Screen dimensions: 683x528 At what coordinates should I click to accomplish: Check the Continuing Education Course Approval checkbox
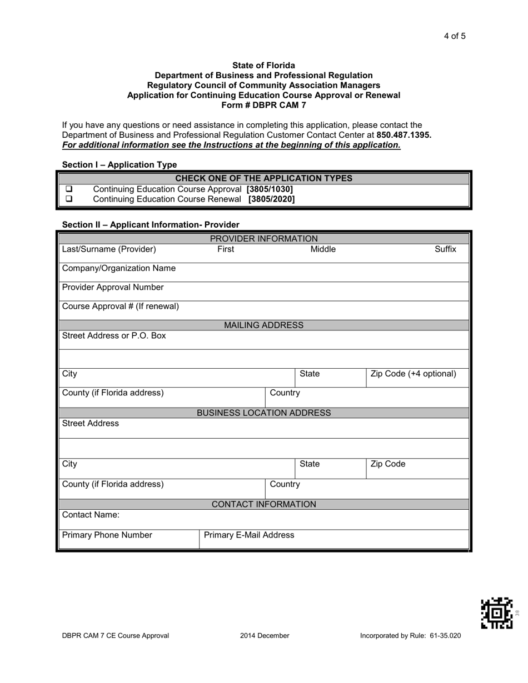[69, 189]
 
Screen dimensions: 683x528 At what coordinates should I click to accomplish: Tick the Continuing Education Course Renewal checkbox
[69, 199]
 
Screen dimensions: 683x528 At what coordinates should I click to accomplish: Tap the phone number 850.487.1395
[404, 135]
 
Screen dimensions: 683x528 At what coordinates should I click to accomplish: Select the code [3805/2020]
[271, 199]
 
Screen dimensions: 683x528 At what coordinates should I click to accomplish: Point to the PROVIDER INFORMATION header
[263, 239]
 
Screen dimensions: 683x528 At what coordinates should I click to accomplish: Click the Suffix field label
[445, 249]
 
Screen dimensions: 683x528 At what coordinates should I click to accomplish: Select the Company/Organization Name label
[119, 268]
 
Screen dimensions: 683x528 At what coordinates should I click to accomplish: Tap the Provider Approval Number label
[113, 287]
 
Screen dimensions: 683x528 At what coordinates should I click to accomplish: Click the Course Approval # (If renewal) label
[121, 306]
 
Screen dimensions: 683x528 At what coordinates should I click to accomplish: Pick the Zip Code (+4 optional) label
[413, 374]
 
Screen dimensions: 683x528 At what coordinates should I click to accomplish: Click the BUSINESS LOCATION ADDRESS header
[263, 413]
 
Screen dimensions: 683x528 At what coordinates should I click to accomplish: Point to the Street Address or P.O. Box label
[114, 336]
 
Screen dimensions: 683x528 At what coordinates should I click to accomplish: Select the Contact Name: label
[91, 515]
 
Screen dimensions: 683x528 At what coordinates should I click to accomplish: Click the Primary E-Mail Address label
[249, 535]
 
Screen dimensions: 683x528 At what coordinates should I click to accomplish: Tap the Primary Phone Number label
[107, 535]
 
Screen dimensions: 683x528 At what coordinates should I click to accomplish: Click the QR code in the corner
[496, 613]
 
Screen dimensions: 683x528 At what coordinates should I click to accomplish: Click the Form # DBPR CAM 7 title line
[263, 104]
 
